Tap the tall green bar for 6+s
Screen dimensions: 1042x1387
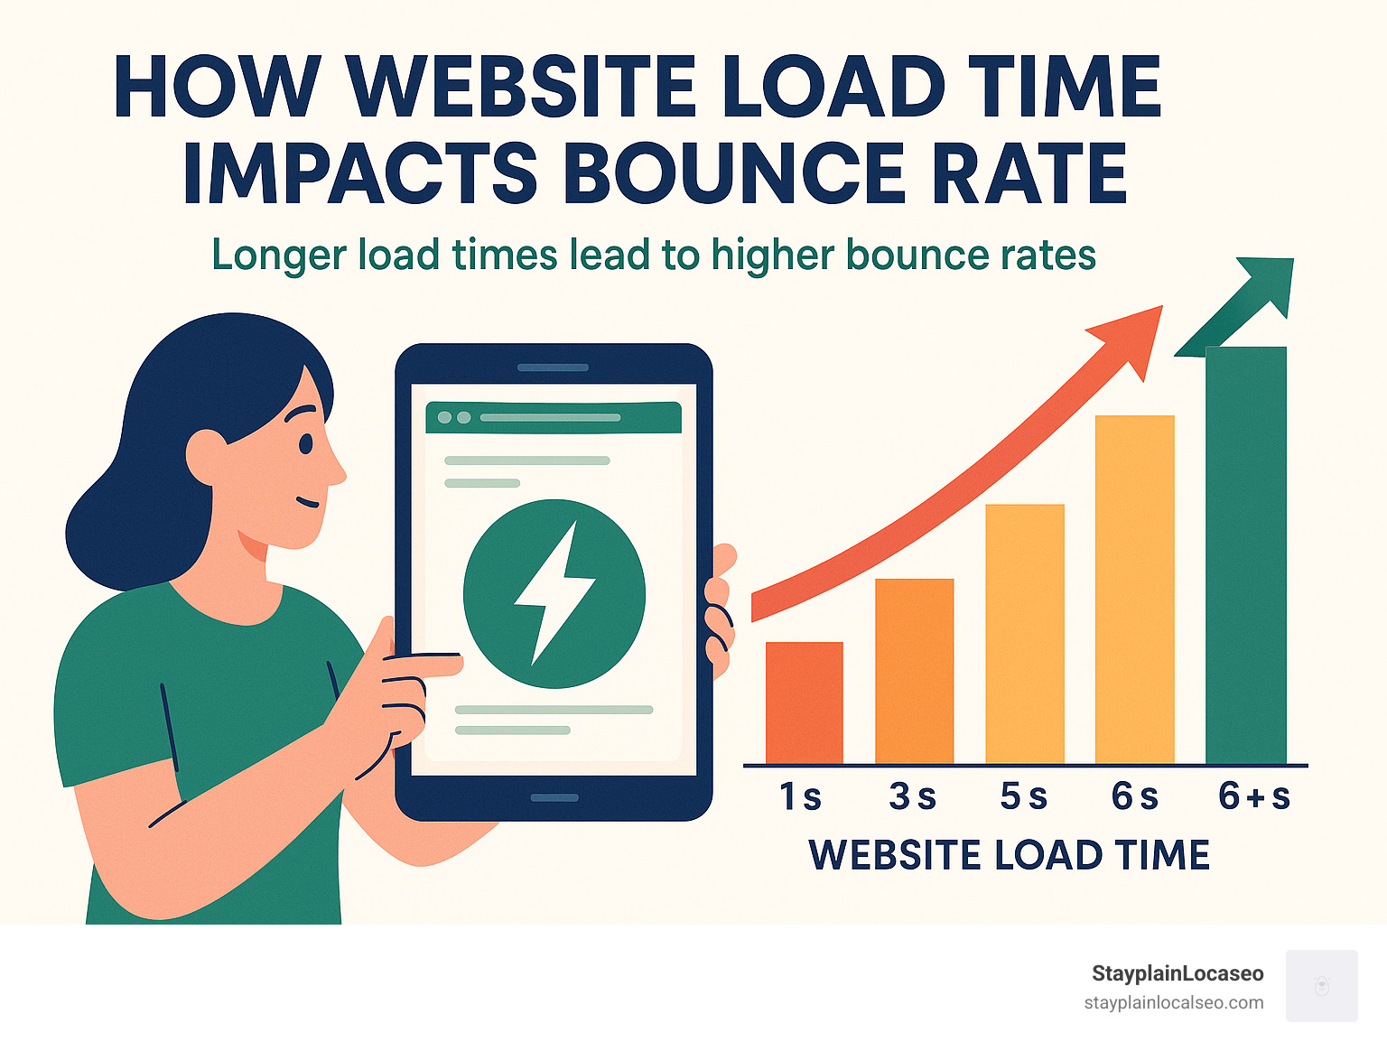pos(1245,554)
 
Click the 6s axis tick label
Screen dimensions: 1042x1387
pos(1134,796)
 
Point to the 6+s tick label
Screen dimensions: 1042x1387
pos(1253,796)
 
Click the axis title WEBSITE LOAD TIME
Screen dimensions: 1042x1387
pos(1009,854)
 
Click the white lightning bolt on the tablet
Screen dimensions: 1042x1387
pos(553,591)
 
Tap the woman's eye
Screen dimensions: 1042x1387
pos(305,443)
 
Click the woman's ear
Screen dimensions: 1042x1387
pos(206,456)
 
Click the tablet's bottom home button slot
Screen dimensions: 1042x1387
pos(554,798)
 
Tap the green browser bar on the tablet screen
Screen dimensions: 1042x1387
pos(553,418)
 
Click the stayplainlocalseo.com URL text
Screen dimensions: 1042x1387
pos(1173,1002)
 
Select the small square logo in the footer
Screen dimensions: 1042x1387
pos(1321,985)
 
